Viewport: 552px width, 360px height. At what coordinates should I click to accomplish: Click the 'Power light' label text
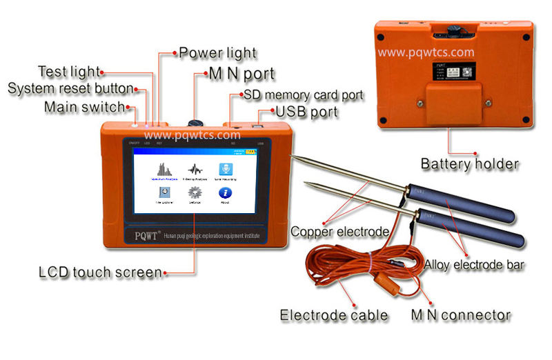(x=217, y=52)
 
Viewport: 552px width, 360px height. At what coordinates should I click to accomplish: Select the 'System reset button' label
(x=70, y=89)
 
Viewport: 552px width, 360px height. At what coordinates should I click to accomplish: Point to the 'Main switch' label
(x=85, y=107)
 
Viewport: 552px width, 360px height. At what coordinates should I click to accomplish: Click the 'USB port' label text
(x=307, y=111)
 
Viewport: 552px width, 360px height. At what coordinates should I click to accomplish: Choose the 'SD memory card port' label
(x=301, y=94)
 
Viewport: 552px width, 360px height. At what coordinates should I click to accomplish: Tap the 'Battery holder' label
(x=470, y=163)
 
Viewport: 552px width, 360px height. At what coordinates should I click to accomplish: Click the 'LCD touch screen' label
(x=100, y=272)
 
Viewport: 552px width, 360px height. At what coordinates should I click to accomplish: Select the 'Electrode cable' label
(x=334, y=315)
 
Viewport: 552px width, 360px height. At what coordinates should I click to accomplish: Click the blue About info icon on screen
(x=225, y=193)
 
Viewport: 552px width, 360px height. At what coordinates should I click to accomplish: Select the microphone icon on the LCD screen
(x=226, y=169)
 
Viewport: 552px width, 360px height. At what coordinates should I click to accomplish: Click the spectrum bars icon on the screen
(x=164, y=170)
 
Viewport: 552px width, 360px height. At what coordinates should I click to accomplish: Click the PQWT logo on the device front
(x=147, y=232)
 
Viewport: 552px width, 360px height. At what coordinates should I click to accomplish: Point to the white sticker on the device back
(x=440, y=72)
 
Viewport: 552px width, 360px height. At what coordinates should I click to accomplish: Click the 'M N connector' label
(x=460, y=315)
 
